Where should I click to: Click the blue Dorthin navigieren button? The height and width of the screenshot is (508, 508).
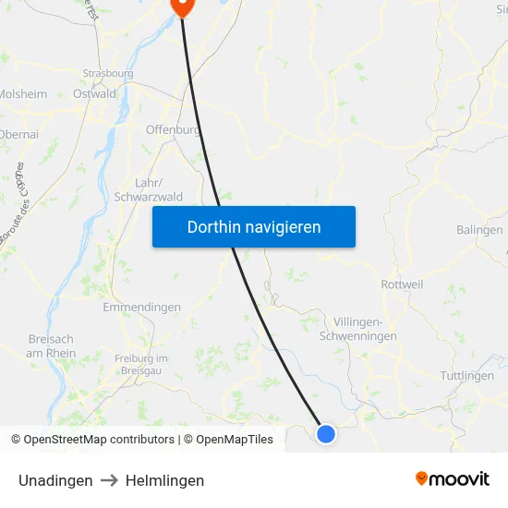tap(254, 226)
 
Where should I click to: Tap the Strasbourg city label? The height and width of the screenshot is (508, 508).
tap(108, 73)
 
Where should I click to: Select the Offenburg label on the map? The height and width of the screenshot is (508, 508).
tap(173, 130)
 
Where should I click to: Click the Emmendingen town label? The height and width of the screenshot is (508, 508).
tap(142, 307)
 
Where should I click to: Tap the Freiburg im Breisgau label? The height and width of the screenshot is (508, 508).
tap(141, 364)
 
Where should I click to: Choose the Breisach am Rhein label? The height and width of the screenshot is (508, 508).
tap(51, 345)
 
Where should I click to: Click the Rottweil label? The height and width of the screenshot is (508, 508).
tap(402, 284)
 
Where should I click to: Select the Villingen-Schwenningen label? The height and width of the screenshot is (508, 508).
tap(357, 329)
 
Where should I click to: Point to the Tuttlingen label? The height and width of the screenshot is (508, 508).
tap(466, 376)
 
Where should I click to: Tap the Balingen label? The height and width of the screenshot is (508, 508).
tap(479, 230)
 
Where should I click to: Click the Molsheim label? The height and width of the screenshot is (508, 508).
tap(23, 93)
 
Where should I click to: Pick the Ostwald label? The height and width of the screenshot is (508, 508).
tap(94, 93)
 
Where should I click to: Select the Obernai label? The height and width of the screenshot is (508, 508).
tap(18, 135)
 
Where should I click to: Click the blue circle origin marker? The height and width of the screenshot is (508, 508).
tap(326, 433)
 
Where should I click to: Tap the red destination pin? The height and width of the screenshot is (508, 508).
tap(182, 6)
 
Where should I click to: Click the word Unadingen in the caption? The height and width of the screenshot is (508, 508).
tap(55, 480)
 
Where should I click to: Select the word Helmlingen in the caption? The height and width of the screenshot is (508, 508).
tap(164, 480)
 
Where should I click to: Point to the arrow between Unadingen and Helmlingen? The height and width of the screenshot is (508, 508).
tap(109, 480)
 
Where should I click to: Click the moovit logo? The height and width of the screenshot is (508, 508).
tap(452, 479)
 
